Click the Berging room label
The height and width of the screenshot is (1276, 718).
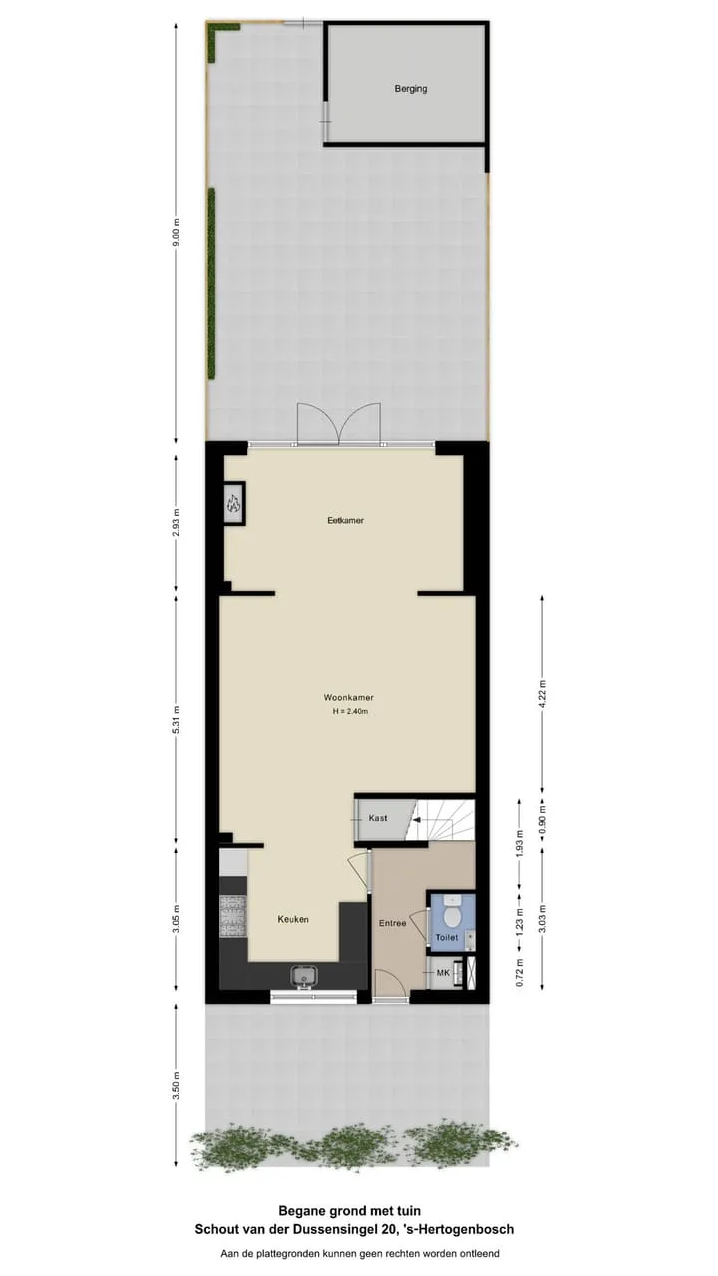410,89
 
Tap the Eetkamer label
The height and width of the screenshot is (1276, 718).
345,520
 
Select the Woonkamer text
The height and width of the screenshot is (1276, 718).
349,697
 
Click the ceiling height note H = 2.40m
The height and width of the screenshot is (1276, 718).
350,711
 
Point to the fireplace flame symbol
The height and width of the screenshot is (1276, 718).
234,502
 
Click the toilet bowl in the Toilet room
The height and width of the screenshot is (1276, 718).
453,916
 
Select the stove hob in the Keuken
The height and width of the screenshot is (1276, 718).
233,917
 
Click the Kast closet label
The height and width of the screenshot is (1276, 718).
378,818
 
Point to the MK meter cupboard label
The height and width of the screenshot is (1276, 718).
443,972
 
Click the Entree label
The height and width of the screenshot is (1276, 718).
393,923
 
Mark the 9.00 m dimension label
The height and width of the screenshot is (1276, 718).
177,231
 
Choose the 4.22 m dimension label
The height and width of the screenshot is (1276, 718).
543,694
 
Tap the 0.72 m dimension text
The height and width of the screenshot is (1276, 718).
520,972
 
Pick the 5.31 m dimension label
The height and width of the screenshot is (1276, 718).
177,719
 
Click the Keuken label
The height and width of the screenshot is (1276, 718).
293,919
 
